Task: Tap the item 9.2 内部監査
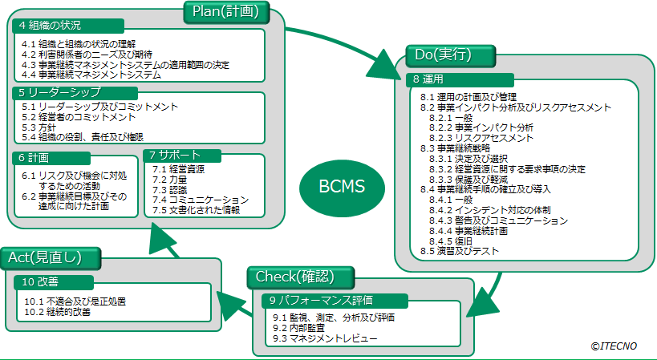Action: [302, 328]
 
